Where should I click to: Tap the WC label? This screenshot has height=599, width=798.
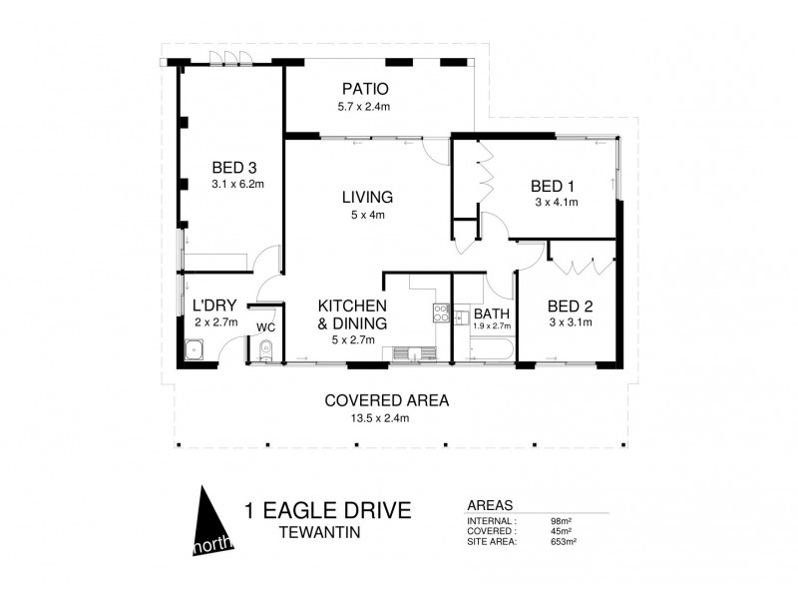(x=265, y=326)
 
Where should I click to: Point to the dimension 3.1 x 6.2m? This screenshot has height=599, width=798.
(x=236, y=185)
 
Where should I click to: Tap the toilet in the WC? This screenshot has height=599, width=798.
(x=263, y=350)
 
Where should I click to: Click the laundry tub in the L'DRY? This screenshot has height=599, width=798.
(x=195, y=350)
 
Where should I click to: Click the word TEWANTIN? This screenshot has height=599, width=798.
(x=321, y=533)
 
